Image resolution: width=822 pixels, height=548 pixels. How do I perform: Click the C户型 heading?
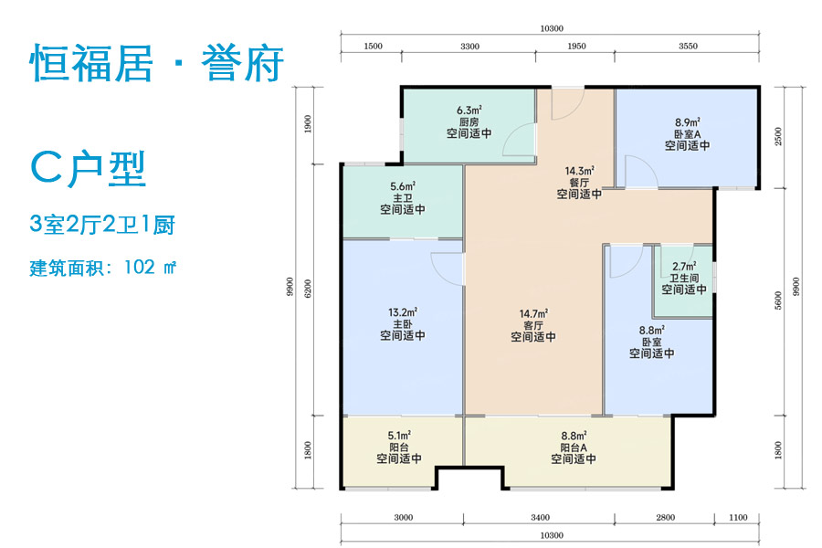click(x=88, y=169)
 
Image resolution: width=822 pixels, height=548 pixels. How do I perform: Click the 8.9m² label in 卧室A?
click(x=687, y=121)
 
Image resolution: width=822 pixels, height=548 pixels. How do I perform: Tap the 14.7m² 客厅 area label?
click(x=533, y=313)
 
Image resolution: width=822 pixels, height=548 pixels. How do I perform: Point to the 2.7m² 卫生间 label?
click(x=684, y=268)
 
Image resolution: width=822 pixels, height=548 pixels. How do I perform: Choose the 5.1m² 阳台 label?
click(x=399, y=436)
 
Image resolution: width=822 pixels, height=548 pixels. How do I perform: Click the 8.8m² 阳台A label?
click(x=573, y=436)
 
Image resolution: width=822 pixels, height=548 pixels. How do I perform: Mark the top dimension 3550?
click(x=690, y=46)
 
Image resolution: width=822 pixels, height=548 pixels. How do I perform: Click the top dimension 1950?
click(x=576, y=46)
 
